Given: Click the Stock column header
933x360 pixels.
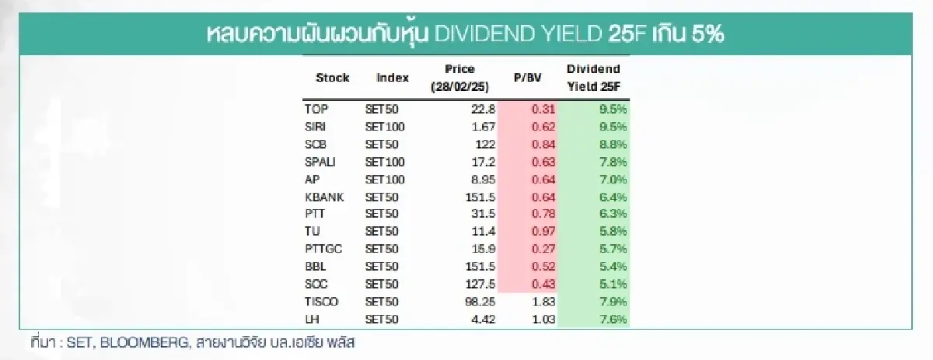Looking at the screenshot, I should (332, 78).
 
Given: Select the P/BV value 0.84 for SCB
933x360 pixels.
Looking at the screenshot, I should (543, 144).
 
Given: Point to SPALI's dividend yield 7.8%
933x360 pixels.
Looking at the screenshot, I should (613, 162).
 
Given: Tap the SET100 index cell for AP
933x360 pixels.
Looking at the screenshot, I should (384, 179).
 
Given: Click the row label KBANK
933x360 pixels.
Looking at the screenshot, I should (322, 197).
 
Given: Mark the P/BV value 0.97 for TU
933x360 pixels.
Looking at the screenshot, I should (543, 232).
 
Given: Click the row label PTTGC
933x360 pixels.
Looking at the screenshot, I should (323, 249).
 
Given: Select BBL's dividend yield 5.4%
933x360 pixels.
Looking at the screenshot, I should (613, 267).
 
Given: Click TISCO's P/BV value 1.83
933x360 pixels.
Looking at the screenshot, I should (543, 302).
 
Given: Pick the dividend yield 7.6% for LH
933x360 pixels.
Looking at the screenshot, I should (613, 319).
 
